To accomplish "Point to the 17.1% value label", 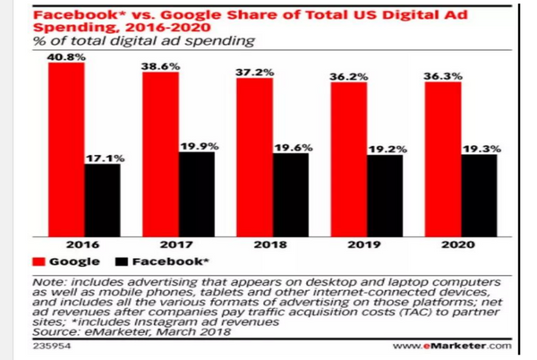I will tap(103, 158).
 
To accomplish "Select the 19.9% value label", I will tap(198, 145).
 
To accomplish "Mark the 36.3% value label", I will tap(443, 76).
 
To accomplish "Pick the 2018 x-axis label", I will tap(272, 242).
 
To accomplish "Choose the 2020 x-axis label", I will tap(461, 242).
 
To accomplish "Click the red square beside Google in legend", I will tap(38, 262).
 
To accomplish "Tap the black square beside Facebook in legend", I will tap(122, 262).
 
